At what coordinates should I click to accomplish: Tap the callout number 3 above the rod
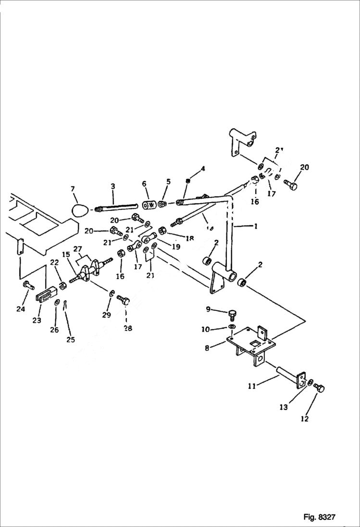(112, 186)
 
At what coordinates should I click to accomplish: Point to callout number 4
(203, 169)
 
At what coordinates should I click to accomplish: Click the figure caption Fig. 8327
(319, 517)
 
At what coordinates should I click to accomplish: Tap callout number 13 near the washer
(284, 407)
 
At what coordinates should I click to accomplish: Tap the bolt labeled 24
(27, 286)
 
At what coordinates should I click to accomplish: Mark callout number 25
(71, 340)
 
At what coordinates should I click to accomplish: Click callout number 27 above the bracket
(77, 249)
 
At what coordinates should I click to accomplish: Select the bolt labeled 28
(124, 301)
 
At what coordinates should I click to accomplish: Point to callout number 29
(106, 315)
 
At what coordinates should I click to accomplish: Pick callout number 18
(190, 238)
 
